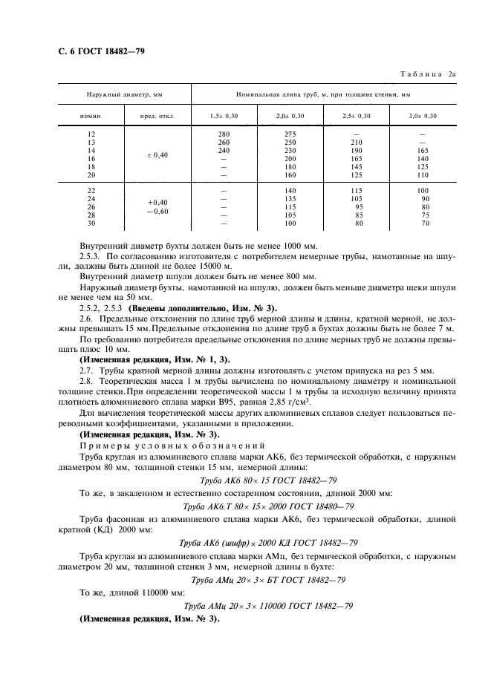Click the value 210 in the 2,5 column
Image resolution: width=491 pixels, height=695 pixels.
[x=357, y=143]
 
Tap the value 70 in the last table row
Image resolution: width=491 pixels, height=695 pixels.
[x=425, y=223]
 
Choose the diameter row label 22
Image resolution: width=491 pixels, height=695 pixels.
[x=91, y=191]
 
